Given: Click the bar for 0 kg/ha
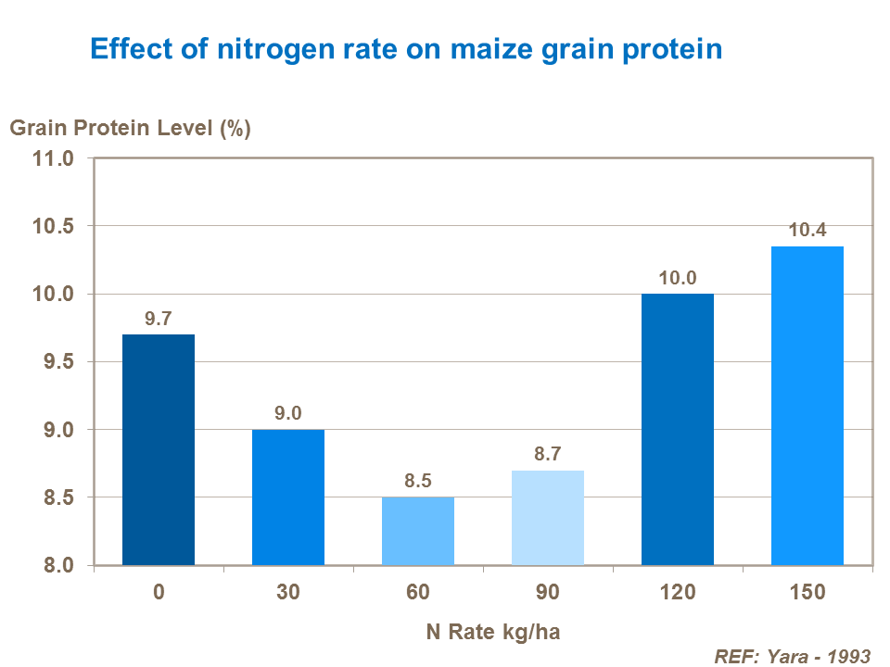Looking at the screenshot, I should [159, 449].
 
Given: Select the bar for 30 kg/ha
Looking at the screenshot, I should [288, 497].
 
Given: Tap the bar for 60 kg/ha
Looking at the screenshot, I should [418, 531].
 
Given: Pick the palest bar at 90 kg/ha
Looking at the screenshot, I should [548, 518].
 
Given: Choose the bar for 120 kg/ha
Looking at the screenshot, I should [678, 430].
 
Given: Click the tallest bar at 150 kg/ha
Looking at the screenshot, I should [807, 406].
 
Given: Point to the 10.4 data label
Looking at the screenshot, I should [807, 229].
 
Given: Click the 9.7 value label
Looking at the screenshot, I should [159, 319].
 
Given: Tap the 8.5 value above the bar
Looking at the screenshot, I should [418, 481].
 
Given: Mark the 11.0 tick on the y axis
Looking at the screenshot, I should [55, 158].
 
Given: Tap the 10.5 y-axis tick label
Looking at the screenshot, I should [55, 227].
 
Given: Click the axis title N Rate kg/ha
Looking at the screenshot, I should [493, 633].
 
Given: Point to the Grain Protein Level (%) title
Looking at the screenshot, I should [131, 129].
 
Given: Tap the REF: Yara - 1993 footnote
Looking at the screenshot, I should [793, 656].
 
